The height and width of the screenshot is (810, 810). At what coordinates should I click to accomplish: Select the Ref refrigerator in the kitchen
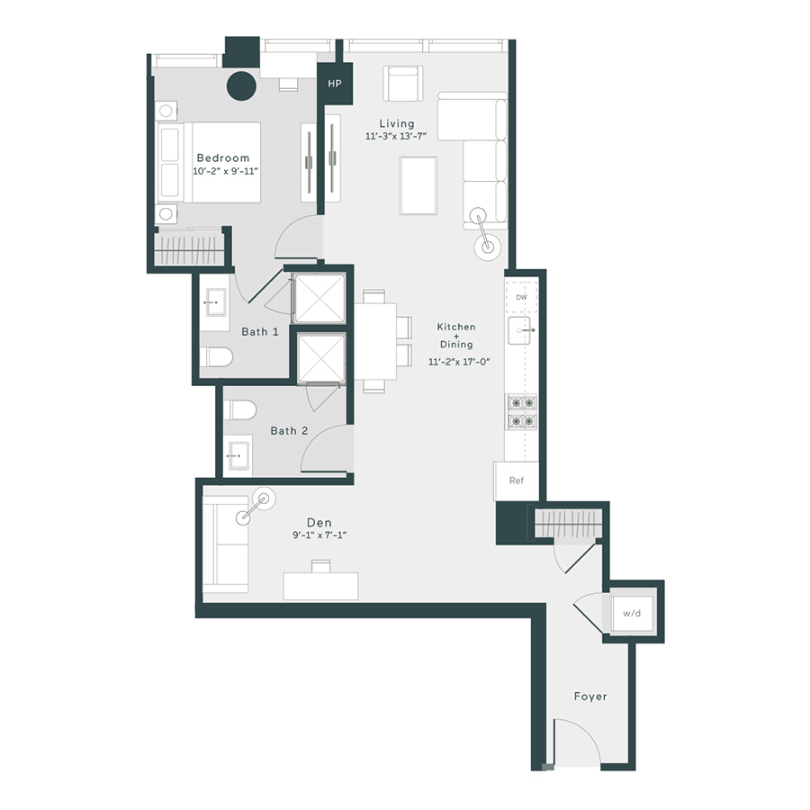[x=516, y=481]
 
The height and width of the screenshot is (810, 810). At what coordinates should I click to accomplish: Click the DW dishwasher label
[x=521, y=297]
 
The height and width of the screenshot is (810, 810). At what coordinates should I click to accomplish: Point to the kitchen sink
[x=521, y=331]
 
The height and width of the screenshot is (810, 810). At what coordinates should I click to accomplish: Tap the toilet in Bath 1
[x=218, y=357]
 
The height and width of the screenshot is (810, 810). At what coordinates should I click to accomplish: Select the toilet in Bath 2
[x=240, y=410]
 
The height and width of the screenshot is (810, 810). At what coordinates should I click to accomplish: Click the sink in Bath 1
[x=214, y=303]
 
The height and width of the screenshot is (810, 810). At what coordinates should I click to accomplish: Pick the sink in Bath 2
[x=238, y=456]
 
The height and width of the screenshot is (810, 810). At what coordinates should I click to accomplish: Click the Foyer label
[x=590, y=697]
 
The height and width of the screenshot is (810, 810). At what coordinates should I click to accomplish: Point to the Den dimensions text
[x=319, y=535]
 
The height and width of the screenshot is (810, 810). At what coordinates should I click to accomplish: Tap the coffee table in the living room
[x=418, y=185]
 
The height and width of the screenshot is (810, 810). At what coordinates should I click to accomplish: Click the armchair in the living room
[x=402, y=84]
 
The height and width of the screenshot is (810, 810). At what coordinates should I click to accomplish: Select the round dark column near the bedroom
[x=241, y=86]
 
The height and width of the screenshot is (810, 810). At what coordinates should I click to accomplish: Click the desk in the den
[x=320, y=585]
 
